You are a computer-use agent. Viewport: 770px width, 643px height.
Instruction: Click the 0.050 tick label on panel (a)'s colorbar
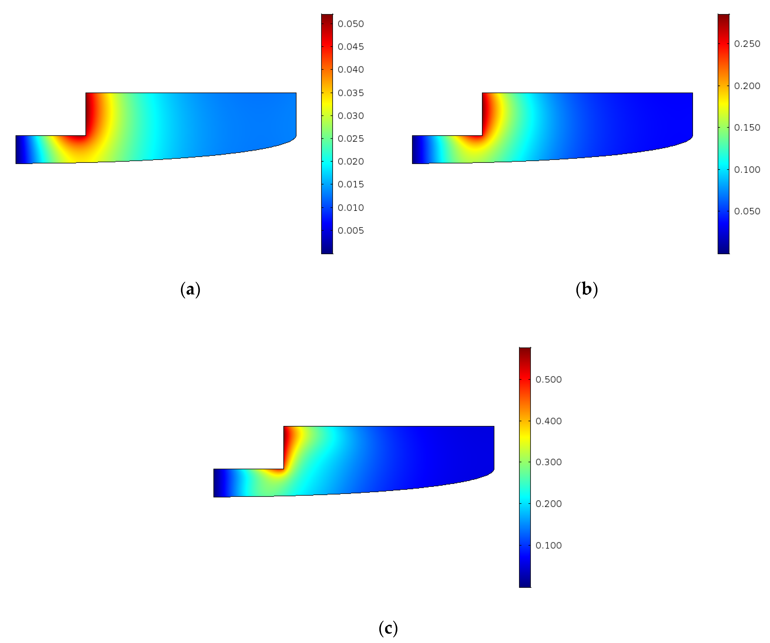(350, 24)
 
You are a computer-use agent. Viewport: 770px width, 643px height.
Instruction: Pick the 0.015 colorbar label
(350, 184)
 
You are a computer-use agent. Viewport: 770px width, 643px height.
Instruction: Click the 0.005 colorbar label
(350, 231)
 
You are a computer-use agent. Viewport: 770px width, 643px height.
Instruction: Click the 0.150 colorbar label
(747, 128)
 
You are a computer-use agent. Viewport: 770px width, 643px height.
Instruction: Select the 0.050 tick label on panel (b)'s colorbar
(747, 211)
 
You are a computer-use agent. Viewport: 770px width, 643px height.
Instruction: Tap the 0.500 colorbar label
(549, 379)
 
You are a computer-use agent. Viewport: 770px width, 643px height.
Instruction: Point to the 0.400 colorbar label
(549, 421)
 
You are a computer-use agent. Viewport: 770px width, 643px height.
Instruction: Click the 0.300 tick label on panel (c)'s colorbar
(549, 462)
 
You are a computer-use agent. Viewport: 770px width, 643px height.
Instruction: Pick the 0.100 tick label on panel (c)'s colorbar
(549, 545)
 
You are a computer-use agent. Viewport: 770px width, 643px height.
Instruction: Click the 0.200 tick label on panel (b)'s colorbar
(747, 86)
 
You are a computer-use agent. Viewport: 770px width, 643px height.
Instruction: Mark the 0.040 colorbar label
(350, 70)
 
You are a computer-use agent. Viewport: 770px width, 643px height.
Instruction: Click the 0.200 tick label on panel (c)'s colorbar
(549, 504)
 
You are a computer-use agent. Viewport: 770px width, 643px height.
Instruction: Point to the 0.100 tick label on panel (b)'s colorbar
(747, 170)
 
